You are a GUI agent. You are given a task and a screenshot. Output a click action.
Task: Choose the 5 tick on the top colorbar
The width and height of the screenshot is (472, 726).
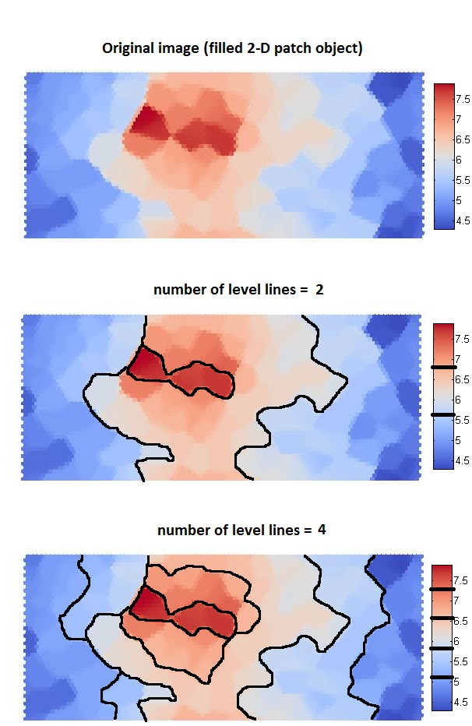click(457, 201)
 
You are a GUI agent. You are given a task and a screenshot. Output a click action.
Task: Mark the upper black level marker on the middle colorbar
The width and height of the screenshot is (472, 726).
click(442, 366)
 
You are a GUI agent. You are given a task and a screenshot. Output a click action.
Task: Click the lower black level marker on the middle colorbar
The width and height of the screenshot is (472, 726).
click(442, 415)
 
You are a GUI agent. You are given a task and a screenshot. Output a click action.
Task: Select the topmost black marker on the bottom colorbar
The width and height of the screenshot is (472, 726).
click(442, 590)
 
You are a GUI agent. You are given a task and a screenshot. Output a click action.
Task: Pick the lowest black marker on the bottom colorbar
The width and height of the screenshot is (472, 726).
click(442, 678)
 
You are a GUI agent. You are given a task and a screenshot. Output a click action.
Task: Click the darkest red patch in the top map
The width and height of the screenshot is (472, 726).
click(145, 121)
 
